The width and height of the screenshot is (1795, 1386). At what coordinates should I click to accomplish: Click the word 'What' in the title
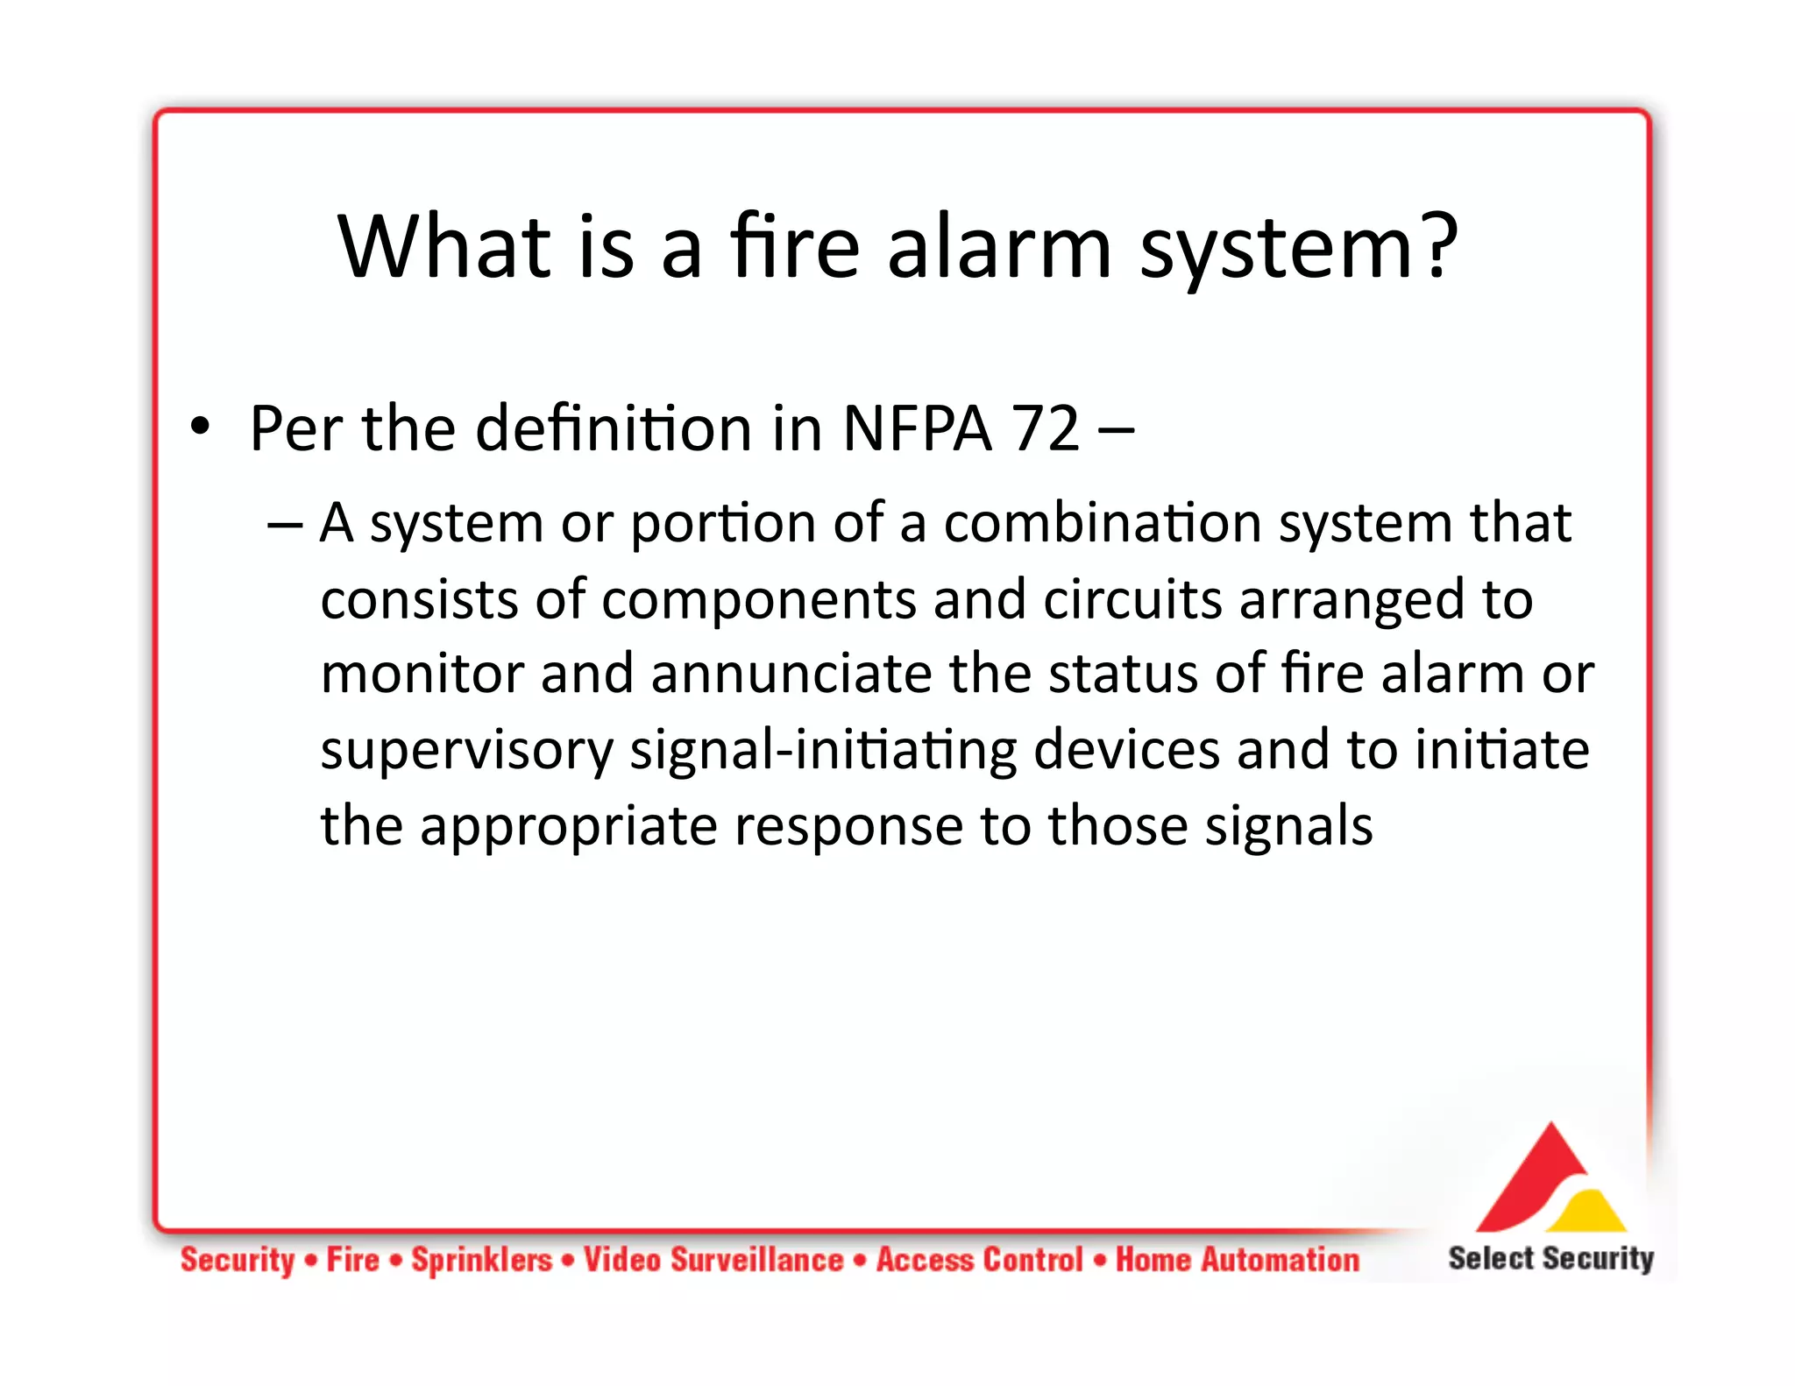pos(444,248)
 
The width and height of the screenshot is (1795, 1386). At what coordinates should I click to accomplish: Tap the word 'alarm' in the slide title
pos(999,248)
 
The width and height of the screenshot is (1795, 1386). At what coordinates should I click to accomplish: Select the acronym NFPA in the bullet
pos(917,429)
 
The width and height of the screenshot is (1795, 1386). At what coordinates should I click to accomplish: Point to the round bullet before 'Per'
pos(201,427)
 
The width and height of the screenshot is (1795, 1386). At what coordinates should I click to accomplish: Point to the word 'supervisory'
pos(466,752)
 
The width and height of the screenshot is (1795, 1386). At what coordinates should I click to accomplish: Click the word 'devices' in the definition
pos(1126,750)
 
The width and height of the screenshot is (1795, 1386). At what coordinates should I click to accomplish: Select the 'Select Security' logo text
pos(1550,1259)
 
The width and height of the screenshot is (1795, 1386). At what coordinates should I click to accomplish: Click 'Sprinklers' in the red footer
pos(482,1260)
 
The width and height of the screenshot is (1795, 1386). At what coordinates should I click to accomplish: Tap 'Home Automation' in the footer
pos(1237,1260)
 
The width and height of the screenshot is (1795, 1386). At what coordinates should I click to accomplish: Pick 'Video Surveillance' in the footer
pos(713,1260)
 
